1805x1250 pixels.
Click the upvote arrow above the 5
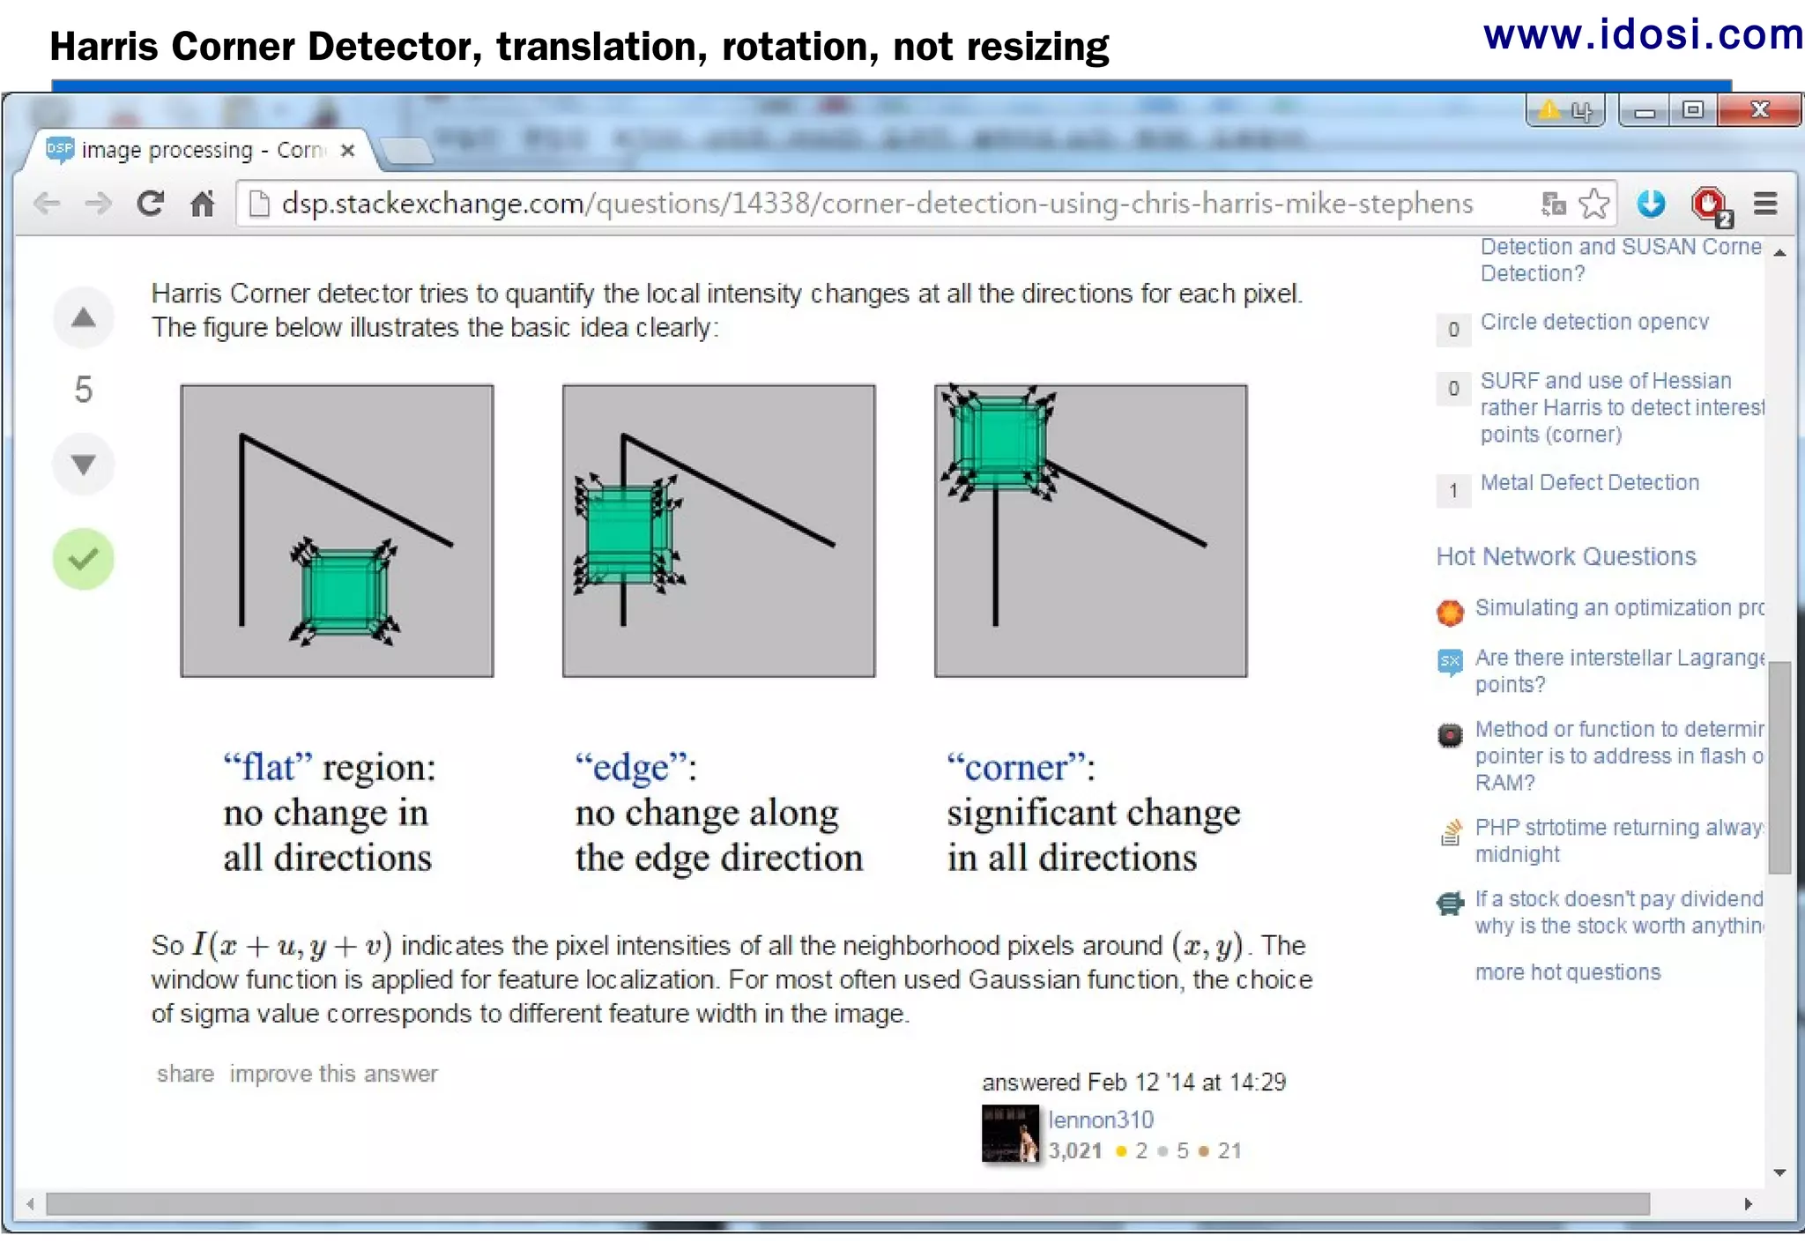point(83,318)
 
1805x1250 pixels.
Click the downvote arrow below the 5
point(83,465)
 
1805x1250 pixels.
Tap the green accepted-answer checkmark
point(83,559)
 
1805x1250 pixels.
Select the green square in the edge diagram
point(624,533)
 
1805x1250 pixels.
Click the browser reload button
point(151,205)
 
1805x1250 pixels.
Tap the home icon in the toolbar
point(203,205)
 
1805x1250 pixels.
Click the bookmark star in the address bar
point(1593,205)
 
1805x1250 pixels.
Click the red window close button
point(1759,111)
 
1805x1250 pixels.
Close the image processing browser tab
point(348,151)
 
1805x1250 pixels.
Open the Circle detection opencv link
point(1593,323)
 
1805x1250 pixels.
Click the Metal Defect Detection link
point(1589,483)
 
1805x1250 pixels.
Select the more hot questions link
point(1567,972)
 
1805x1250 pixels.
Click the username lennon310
point(1100,1120)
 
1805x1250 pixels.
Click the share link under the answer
point(185,1074)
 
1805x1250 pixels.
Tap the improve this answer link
point(333,1074)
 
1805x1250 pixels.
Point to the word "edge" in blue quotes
point(631,768)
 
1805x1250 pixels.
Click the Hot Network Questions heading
point(1565,557)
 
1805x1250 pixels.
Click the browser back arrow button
point(47,205)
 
